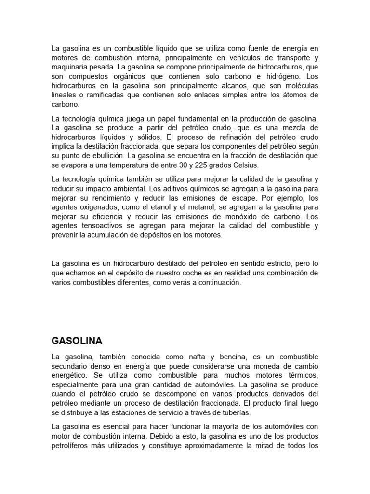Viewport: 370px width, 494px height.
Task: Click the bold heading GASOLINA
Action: tap(77, 341)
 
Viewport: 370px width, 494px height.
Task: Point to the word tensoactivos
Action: tap(103, 226)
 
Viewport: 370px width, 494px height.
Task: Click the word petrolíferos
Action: tap(74, 446)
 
